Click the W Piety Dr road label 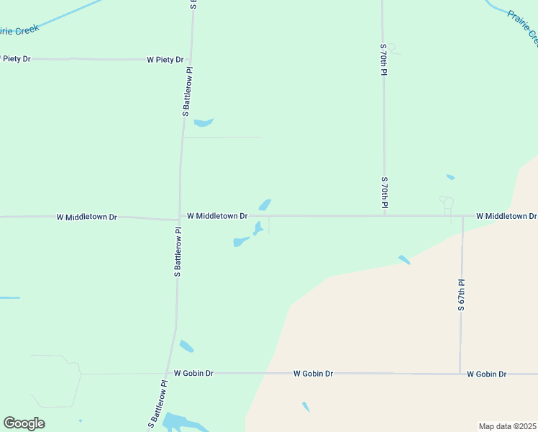165,60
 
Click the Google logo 24,423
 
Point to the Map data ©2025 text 507,426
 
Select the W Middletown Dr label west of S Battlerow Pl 86,217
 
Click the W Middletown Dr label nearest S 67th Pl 506,216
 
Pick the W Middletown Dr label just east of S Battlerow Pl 217,216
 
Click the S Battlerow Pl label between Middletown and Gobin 177,253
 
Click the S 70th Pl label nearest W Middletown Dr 384,194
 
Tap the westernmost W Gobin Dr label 193,374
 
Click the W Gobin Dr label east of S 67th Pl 486,374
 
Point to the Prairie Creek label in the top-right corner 521,27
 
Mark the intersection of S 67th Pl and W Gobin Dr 460,374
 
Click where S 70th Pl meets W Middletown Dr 384,215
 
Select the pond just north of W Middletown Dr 265,205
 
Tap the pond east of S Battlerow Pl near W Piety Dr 204,122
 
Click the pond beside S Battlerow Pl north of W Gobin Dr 186,346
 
